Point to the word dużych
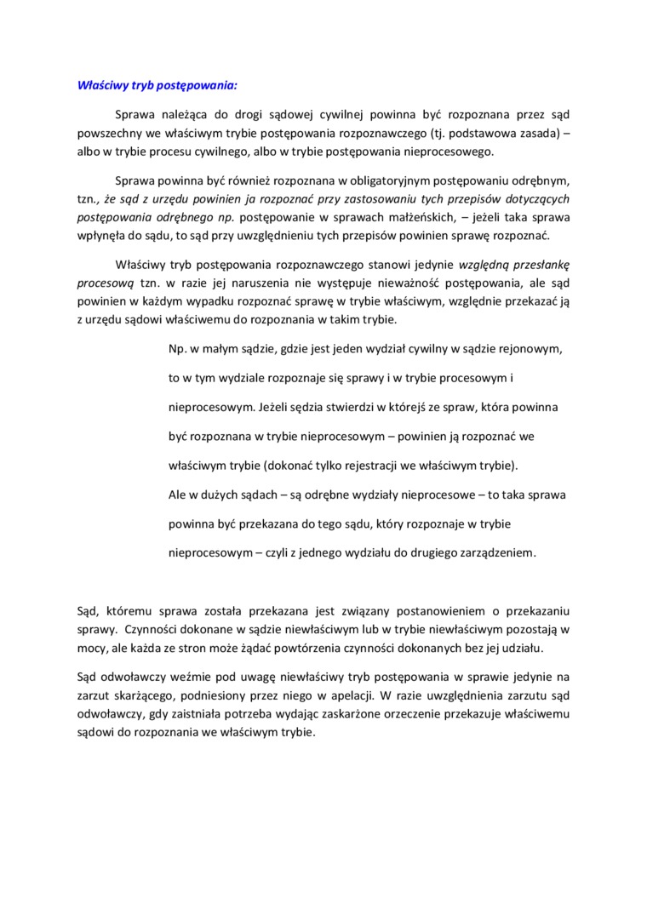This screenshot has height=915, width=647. (x=220, y=494)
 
